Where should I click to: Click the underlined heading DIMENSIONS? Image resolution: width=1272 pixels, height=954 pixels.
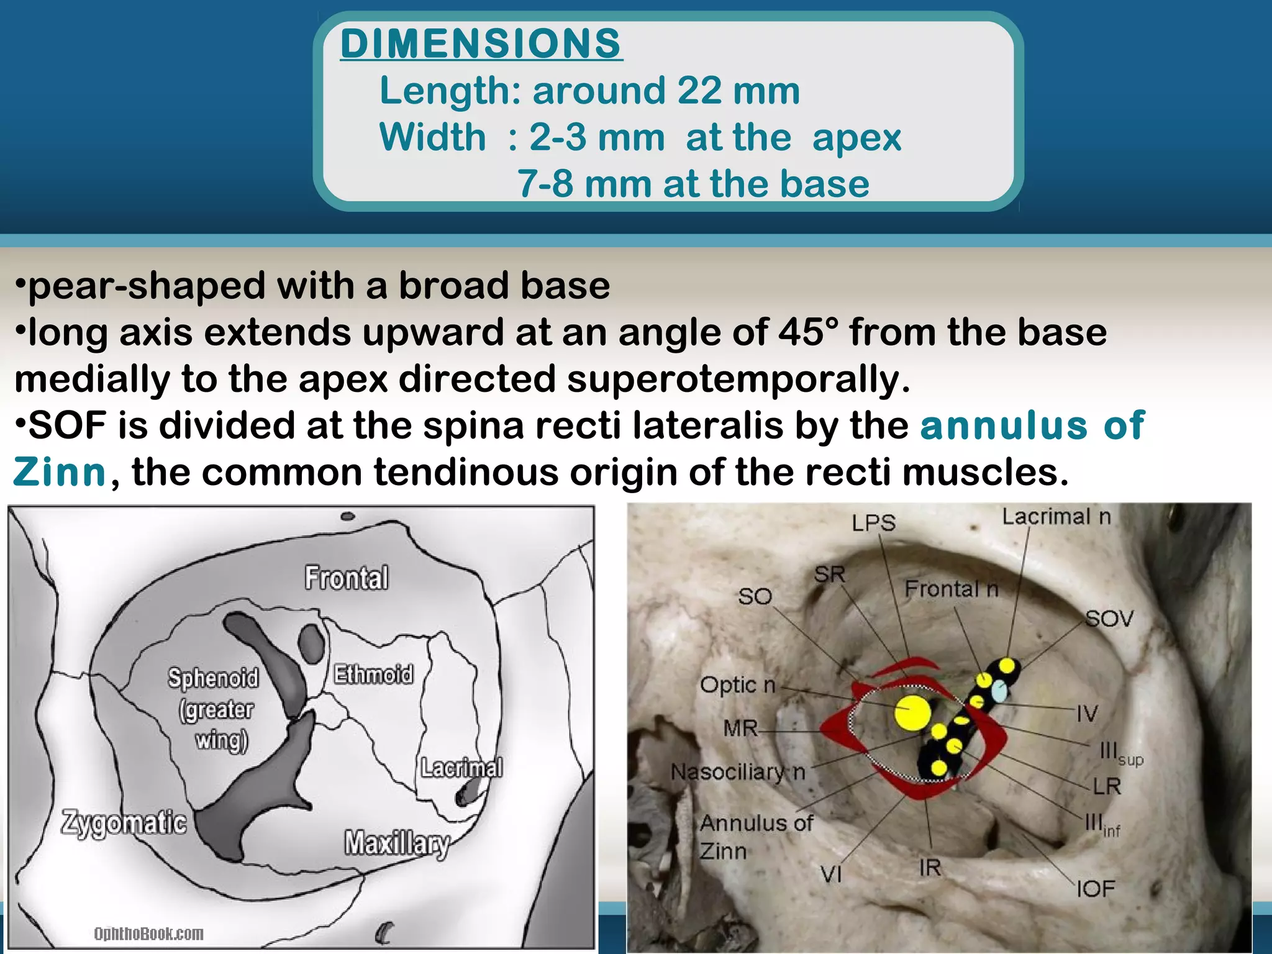[x=481, y=43]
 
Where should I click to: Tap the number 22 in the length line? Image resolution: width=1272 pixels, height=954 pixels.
[x=699, y=91]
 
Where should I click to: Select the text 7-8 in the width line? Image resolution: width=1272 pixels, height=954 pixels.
[x=545, y=184]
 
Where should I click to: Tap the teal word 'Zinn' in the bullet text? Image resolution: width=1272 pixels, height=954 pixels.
[x=60, y=472]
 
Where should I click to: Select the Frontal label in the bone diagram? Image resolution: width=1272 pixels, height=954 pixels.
[x=347, y=578]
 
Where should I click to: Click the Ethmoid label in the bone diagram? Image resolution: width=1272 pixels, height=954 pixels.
[x=373, y=674]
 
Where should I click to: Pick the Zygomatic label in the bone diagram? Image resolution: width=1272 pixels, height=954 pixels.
[x=124, y=822]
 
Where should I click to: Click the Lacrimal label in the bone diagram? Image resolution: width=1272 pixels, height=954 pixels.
[x=461, y=768]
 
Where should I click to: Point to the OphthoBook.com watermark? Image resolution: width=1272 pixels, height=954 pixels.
[x=148, y=934]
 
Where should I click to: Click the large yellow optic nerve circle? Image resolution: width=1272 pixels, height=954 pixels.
[x=913, y=712]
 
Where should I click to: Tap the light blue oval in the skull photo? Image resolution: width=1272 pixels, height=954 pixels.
[x=998, y=691]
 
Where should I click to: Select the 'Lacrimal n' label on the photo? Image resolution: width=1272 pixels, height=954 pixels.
[x=1056, y=517]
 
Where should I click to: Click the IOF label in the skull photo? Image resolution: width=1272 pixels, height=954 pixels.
[x=1096, y=889]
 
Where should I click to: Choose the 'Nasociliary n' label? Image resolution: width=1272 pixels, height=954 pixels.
[x=738, y=772]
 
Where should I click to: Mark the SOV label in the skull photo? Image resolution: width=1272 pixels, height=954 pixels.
[x=1109, y=619]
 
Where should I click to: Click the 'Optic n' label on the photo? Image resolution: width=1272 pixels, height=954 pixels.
[x=738, y=685]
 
